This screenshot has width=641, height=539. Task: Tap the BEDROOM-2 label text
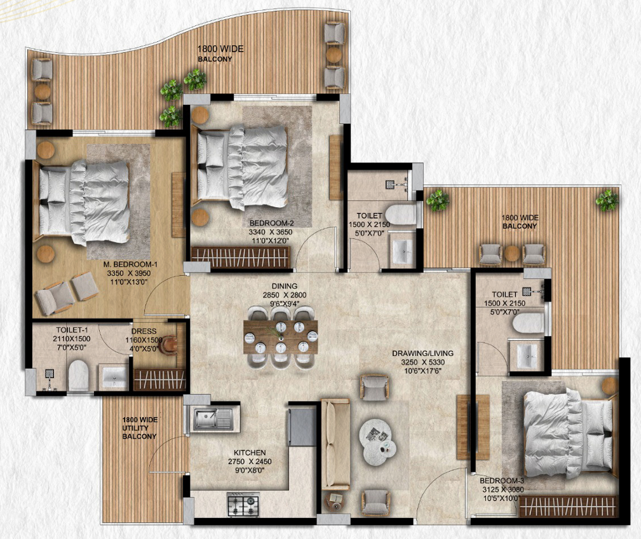click(x=271, y=223)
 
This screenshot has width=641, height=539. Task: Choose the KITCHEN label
click(x=251, y=444)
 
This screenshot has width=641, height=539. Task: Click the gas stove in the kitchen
click(x=243, y=505)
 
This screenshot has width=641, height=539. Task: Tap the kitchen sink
click(x=212, y=419)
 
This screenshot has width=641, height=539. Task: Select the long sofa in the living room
click(x=335, y=443)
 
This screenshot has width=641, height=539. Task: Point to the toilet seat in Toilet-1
click(x=78, y=375)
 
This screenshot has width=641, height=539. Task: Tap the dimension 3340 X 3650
click(x=271, y=233)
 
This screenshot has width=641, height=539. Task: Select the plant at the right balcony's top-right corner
click(x=606, y=201)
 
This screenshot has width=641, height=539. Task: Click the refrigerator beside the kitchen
click(x=302, y=426)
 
